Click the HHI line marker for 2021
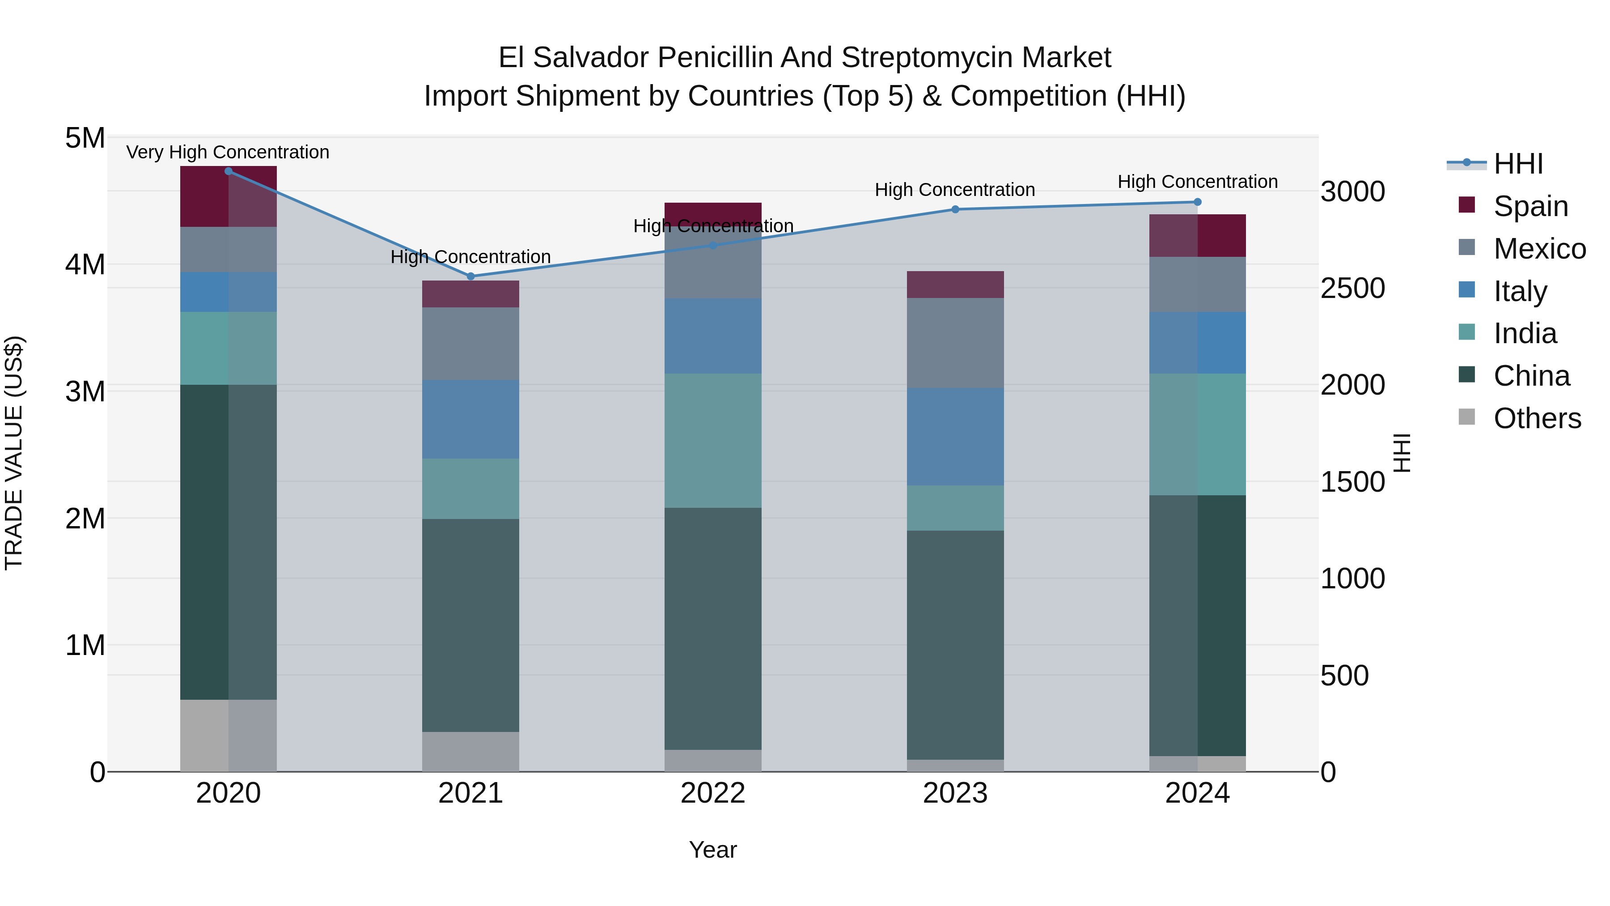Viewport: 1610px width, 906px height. coord(470,276)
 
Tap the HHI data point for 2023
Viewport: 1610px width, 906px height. coord(955,209)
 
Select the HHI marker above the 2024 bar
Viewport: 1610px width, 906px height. coord(1198,202)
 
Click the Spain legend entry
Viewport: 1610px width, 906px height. coord(1530,206)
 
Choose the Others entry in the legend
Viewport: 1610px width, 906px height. coord(1537,418)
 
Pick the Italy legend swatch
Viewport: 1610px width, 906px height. coord(1466,290)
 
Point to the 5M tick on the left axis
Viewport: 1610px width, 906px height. coord(85,138)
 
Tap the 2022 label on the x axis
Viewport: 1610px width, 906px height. coord(712,793)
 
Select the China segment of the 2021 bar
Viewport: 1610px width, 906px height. coord(470,625)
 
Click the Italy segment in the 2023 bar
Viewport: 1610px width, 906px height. coord(955,436)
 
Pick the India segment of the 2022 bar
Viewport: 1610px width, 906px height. coord(712,441)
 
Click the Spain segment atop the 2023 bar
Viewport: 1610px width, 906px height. coord(955,285)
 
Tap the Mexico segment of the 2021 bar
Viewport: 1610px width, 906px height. coord(470,344)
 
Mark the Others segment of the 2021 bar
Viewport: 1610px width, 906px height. coord(470,752)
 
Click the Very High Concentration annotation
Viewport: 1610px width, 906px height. coord(228,153)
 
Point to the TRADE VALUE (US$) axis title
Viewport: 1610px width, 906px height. coord(14,453)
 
